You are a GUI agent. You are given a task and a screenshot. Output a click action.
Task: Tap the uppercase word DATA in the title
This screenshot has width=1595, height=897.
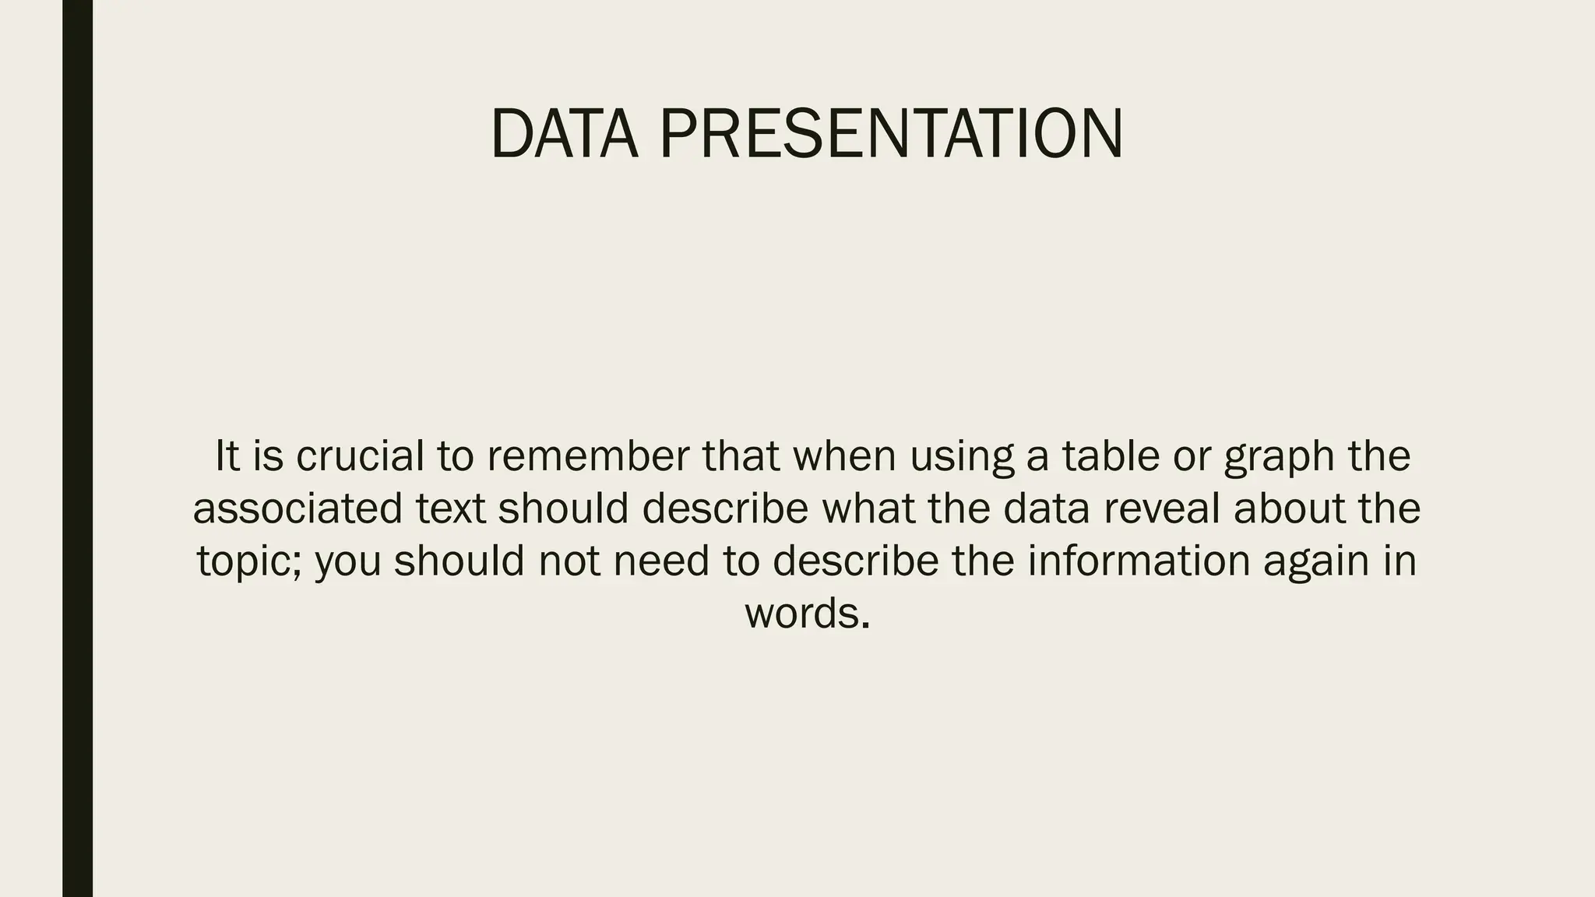click(x=564, y=134)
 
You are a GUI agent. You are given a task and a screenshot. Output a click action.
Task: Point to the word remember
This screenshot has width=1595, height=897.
click(x=589, y=456)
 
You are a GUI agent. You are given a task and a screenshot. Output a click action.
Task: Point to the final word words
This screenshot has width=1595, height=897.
click(x=807, y=614)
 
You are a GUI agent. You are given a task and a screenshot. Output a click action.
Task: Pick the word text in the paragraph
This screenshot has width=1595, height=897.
click(x=450, y=508)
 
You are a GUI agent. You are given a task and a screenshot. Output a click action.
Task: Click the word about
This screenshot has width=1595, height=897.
click(x=1289, y=508)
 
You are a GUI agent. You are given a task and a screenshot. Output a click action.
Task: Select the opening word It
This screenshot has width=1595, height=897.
click(x=227, y=456)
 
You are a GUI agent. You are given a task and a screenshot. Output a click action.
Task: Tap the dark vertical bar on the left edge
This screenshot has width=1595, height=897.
click(x=77, y=448)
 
